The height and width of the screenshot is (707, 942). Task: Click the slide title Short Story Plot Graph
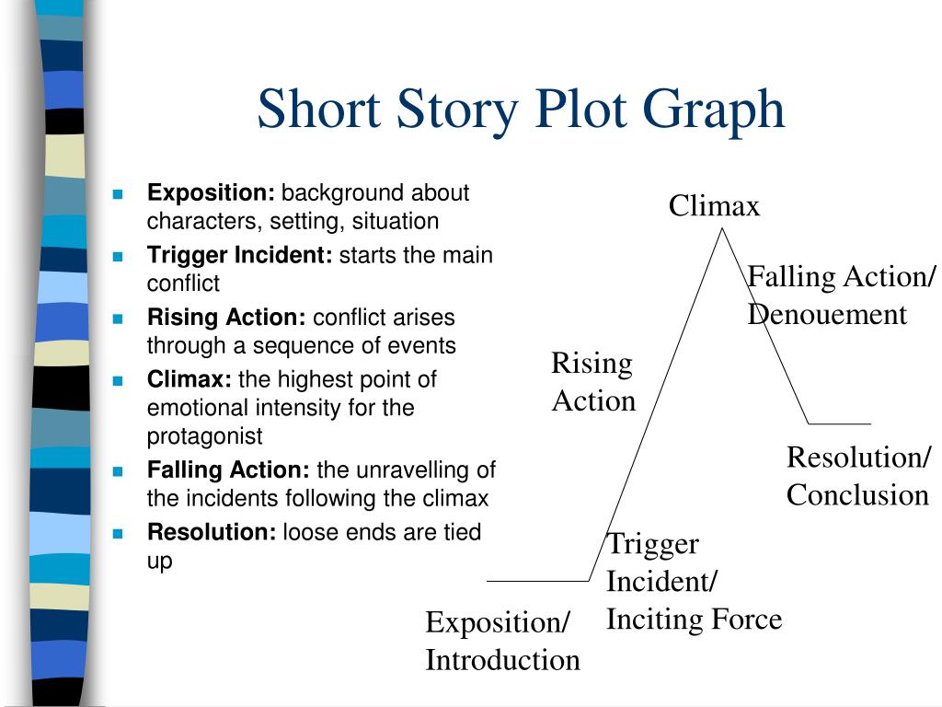[x=521, y=110]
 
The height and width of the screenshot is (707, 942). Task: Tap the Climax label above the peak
[x=714, y=205]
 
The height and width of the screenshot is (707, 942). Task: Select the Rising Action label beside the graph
[x=593, y=382]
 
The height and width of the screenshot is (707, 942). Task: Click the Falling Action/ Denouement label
[x=841, y=296]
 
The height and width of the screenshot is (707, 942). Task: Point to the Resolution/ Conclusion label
[x=857, y=476]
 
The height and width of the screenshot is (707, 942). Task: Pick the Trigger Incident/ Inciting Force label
[x=694, y=581]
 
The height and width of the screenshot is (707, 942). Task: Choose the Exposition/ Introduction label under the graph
[x=502, y=641]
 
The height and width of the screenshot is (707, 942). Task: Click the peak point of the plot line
[x=723, y=227]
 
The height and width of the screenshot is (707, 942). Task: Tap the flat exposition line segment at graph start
[x=537, y=581]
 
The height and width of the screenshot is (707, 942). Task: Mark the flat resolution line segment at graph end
[x=839, y=423]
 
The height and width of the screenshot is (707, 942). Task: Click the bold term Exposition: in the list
[x=212, y=193]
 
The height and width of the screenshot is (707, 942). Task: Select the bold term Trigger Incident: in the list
[x=240, y=255]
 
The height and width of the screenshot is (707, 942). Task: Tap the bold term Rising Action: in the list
[x=227, y=318]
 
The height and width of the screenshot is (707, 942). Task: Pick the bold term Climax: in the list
[x=191, y=379]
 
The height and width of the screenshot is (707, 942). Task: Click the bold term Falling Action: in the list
[x=229, y=470]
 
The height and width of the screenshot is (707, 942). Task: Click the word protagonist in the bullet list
[x=204, y=435]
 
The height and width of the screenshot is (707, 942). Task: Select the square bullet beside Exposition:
[x=118, y=194]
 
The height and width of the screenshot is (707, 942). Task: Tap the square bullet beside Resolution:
[x=118, y=533]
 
